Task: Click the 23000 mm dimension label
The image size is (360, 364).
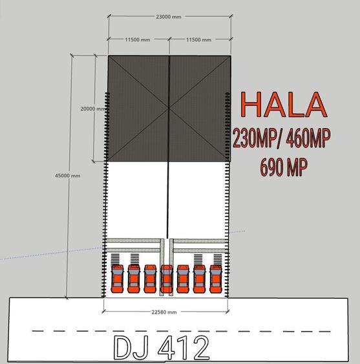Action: (169, 17)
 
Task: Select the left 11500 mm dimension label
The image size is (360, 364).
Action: (138, 39)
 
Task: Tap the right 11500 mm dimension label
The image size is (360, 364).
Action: (198, 39)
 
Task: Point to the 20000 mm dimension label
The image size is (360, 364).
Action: (92, 109)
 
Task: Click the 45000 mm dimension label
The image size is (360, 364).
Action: (68, 175)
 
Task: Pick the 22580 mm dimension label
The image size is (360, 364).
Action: (164, 312)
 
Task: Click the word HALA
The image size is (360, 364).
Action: (284, 105)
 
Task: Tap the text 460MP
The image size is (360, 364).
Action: (308, 138)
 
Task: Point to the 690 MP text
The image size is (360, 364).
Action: (284, 167)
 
